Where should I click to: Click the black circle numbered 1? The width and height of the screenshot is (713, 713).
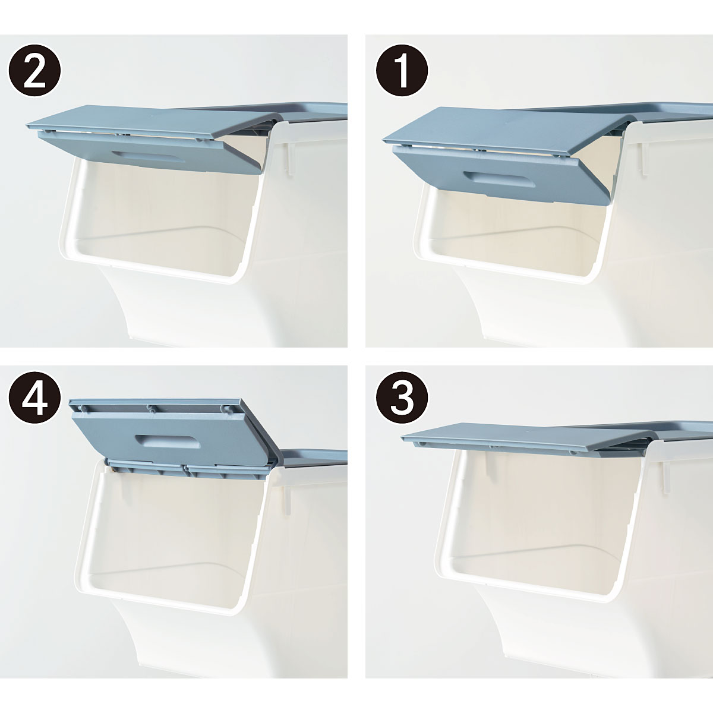[402, 70]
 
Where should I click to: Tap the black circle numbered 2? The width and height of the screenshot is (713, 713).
[34, 70]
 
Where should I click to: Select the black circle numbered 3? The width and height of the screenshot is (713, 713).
[402, 401]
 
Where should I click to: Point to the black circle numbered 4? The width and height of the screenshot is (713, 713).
[34, 401]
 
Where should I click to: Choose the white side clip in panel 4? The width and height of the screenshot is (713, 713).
[288, 500]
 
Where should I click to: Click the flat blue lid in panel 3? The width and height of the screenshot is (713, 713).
[555, 437]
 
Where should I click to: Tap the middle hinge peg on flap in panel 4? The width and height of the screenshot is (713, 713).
[150, 408]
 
